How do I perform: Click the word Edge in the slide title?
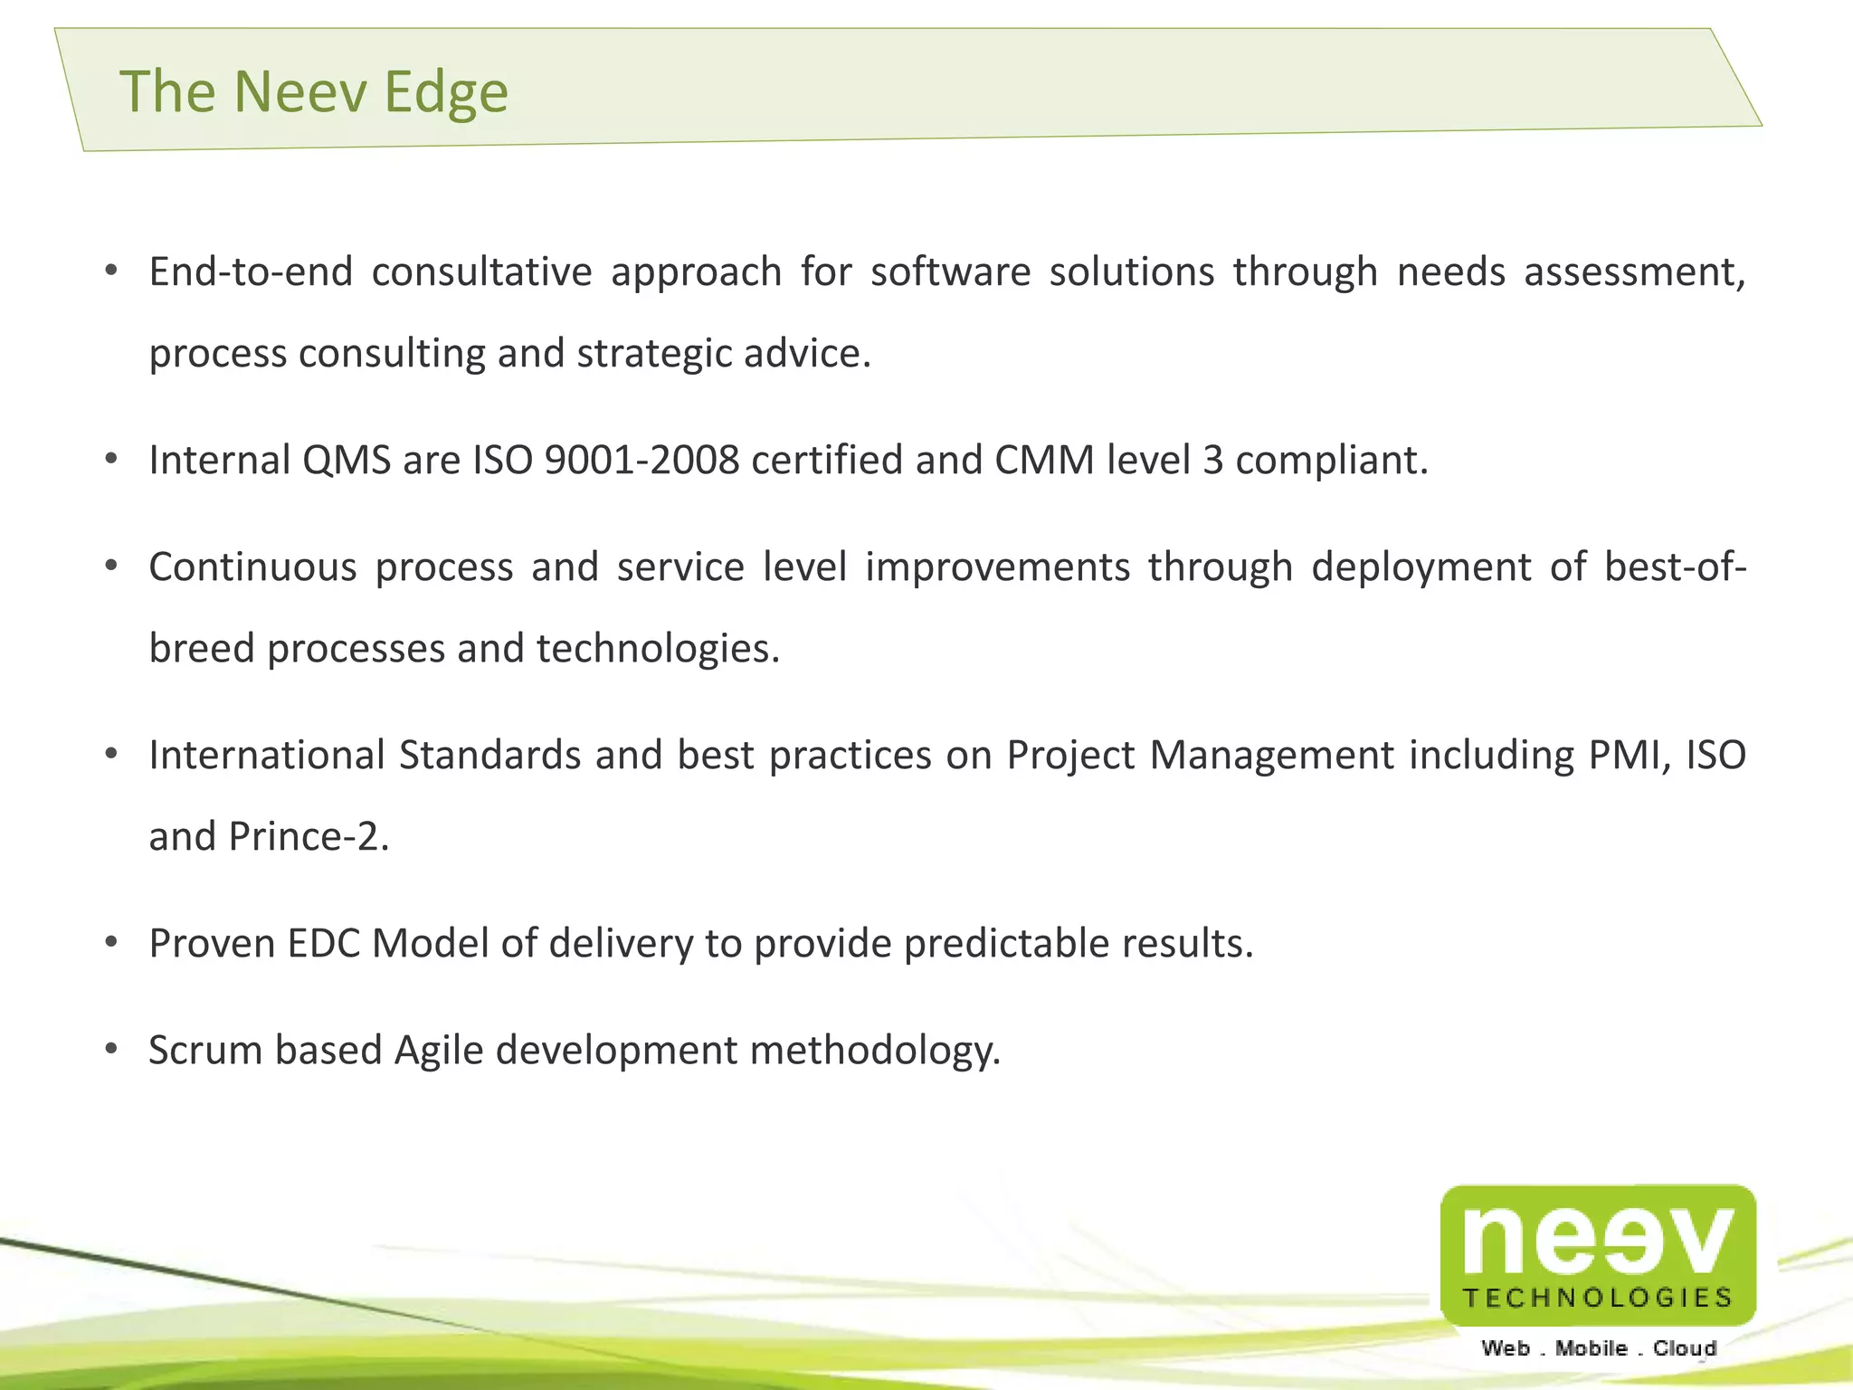point(445,93)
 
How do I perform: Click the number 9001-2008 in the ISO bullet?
point(641,460)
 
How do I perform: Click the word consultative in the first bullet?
point(481,271)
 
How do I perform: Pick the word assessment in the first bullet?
point(1633,271)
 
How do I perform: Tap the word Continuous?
point(252,567)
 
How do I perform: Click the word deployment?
point(1421,567)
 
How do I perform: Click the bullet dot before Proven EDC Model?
point(111,943)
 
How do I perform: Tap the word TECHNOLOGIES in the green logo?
point(1597,1298)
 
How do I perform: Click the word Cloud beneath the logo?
point(1684,1348)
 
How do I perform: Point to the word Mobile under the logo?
point(1591,1348)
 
